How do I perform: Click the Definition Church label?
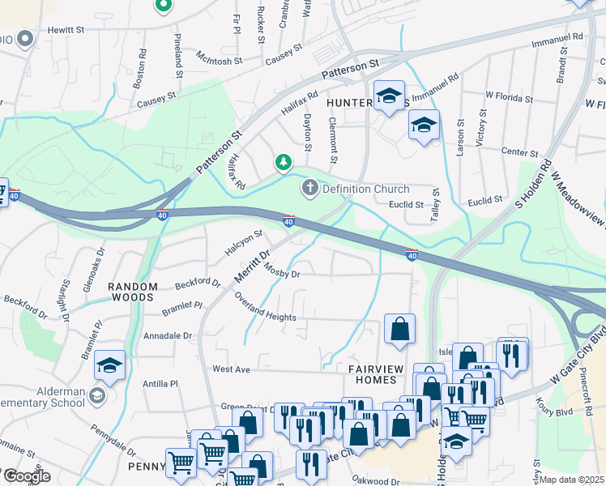click(x=366, y=190)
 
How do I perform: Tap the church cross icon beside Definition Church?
click(x=309, y=190)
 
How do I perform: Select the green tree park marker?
click(x=283, y=164)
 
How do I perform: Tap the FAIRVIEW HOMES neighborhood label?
click(x=376, y=374)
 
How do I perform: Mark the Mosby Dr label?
click(x=282, y=274)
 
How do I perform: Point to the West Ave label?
click(x=231, y=369)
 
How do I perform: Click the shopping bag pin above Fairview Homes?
click(x=399, y=329)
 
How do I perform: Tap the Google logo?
click(x=26, y=476)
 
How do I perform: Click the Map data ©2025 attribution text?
click(x=572, y=480)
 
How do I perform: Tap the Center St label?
click(x=520, y=152)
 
